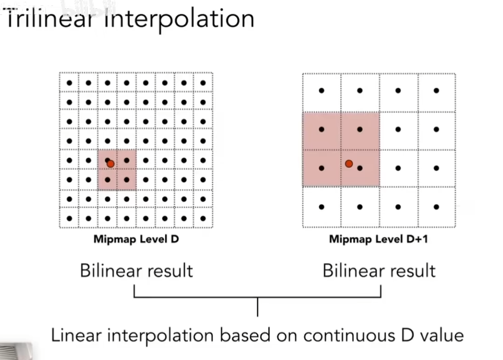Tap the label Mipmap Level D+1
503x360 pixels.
pos(378,239)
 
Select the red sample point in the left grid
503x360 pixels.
pos(110,163)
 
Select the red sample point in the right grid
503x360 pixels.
pos(349,163)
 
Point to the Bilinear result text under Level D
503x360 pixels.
pos(136,271)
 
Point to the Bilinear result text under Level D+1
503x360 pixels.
pos(379,271)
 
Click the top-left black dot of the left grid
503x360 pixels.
pos(69,83)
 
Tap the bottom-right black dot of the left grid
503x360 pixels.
pos(202,218)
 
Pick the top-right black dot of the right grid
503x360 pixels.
pos(436,91)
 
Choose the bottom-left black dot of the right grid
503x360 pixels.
pos(322,207)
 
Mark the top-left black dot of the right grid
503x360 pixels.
pos(322,91)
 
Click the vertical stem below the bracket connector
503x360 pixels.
pos(257,307)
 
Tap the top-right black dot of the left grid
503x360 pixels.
pos(202,83)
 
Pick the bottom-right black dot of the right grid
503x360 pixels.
pos(436,207)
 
